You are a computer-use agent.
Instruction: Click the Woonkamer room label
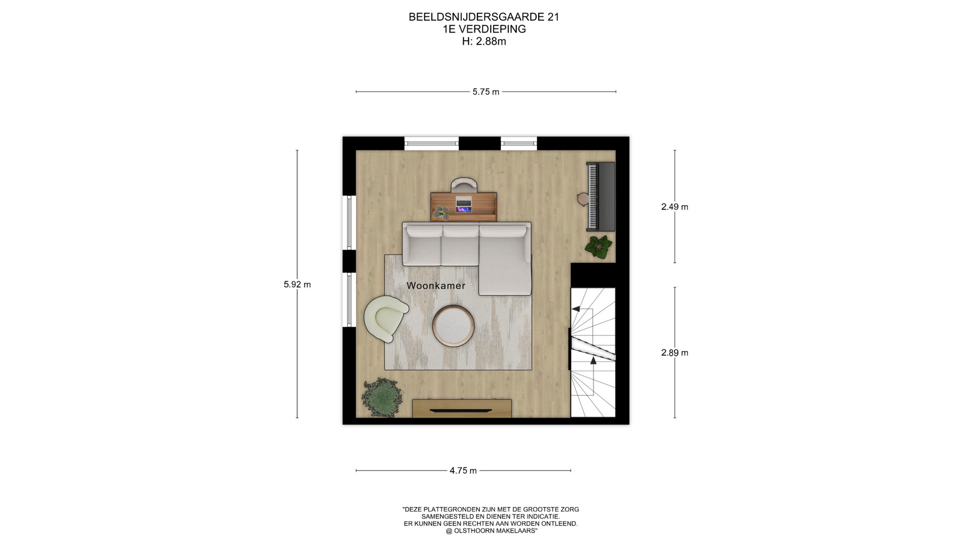[x=436, y=286]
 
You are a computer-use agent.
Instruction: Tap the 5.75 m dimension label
[x=486, y=92]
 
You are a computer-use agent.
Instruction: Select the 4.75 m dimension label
[x=463, y=471]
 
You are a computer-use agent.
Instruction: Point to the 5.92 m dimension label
[x=297, y=285]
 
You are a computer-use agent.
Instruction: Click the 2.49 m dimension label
[x=675, y=207]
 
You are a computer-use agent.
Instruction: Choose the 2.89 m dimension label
[x=675, y=353]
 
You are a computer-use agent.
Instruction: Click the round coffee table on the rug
[x=454, y=326]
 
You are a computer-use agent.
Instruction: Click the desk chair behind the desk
[x=464, y=184]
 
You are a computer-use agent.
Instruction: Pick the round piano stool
[x=583, y=199]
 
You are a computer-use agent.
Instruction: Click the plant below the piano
[x=599, y=247]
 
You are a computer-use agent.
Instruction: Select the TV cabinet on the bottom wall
[x=462, y=408]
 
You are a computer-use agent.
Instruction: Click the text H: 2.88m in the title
[x=484, y=42]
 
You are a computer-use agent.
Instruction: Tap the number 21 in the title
[x=553, y=17]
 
